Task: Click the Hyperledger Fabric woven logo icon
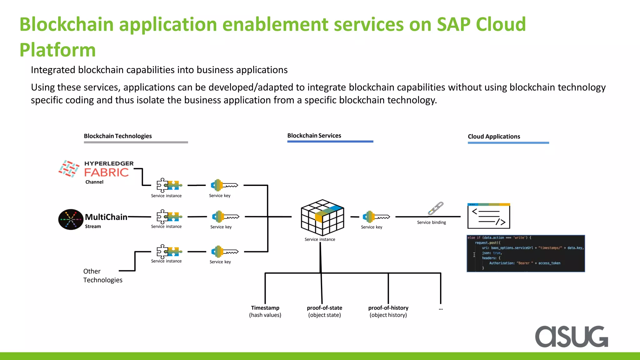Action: (x=69, y=169)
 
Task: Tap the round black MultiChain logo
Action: (x=71, y=219)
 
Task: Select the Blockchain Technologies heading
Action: (x=118, y=136)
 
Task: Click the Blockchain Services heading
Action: (x=314, y=136)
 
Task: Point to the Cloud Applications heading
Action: (x=494, y=137)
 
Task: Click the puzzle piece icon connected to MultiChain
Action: (x=169, y=217)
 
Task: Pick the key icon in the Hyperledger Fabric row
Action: (x=224, y=185)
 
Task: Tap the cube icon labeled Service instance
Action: (x=322, y=217)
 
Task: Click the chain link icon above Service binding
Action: (x=436, y=208)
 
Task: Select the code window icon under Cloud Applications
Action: (x=488, y=216)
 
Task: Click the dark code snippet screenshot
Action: (x=526, y=253)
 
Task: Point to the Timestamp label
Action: (x=265, y=308)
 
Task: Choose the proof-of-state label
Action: (x=324, y=308)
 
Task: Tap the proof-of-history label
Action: (x=388, y=308)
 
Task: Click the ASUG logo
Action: (x=571, y=337)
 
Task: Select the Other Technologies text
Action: (x=102, y=276)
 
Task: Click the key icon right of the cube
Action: (x=376, y=217)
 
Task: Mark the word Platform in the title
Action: (x=57, y=50)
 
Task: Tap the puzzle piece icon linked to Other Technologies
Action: (x=169, y=251)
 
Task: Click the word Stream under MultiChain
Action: (x=93, y=227)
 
